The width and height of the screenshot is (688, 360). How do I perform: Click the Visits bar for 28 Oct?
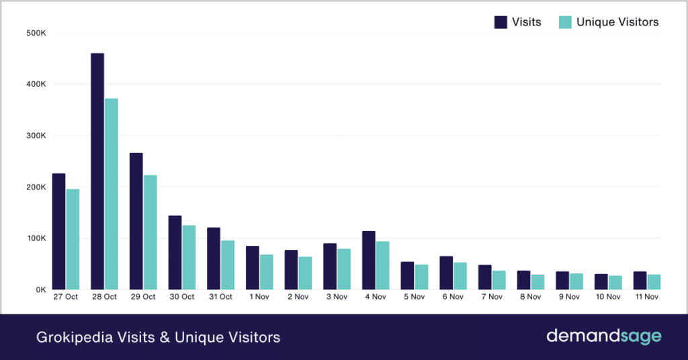pos(97,171)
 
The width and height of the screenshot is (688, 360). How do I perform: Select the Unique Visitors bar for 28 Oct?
pos(112,194)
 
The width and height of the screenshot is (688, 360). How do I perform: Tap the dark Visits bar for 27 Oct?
pos(58,231)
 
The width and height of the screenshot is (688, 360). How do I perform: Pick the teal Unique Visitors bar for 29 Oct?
pos(150,232)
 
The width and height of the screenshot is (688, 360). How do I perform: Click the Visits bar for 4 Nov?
pos(369,260)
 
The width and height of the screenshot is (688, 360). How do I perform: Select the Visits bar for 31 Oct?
pos(214,259)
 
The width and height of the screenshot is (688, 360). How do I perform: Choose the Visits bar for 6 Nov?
pos(446,273)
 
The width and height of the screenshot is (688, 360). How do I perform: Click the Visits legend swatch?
pos(501,22)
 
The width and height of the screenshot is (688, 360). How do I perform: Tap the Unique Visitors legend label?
pos(617,22)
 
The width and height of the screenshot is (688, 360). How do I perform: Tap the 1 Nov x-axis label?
pos(259,297)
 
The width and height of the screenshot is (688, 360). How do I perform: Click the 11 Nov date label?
pos(646,297)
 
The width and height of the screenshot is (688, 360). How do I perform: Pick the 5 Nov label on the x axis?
pos(415,297)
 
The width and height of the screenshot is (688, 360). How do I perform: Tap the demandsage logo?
pos(603,336)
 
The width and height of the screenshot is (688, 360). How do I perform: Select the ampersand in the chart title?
pos(164,337)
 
